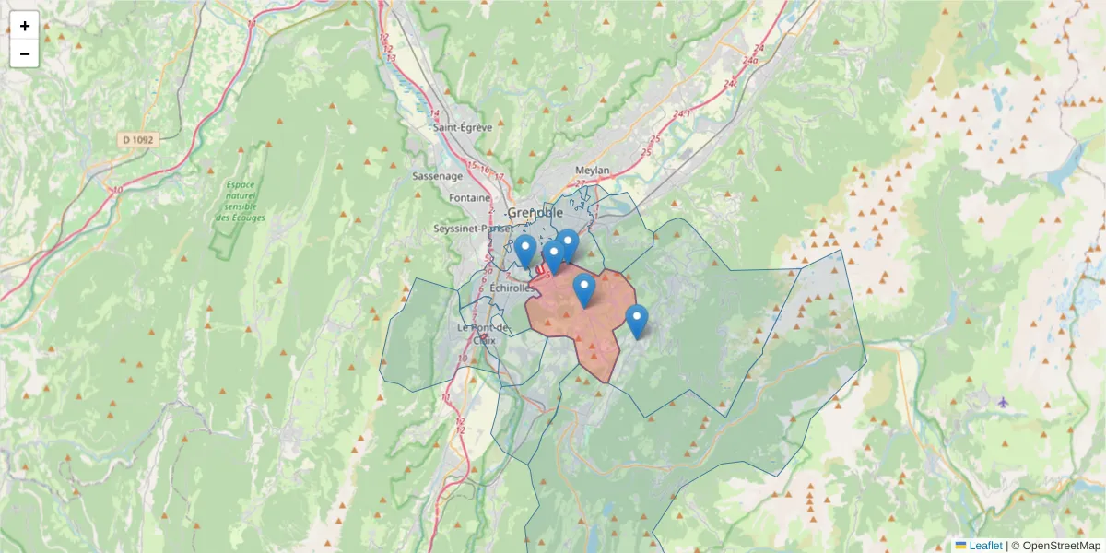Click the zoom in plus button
(x=25, y=26)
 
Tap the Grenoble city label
(x=535, y=213)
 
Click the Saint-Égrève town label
(x=463, y=127)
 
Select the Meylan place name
(x=592, y=171)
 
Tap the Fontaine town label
(x=469, y=198)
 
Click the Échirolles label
(x=512, y=288)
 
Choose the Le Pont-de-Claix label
(x=484, y=333)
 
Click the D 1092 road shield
(x=139, y=140)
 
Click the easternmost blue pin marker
(x=637, y=321)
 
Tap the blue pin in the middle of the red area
(x=584, y=289)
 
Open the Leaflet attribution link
(x=985, y=546)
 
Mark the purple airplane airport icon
(x=1003, y=402)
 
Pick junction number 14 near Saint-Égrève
(x=434, y=113)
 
